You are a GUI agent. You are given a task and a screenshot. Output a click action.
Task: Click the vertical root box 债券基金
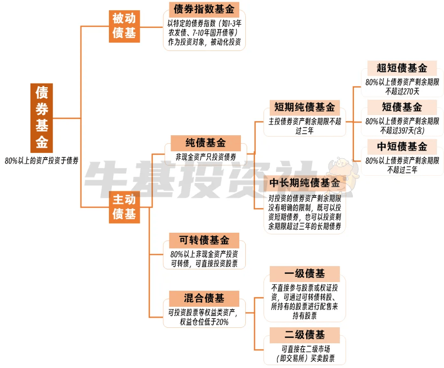click(42, 118)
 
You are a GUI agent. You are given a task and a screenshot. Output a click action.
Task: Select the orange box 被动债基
click(124, 26)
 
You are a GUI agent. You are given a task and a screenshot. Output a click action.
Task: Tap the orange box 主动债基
click(124, 207)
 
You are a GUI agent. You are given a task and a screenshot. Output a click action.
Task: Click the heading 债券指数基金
click(204, 9)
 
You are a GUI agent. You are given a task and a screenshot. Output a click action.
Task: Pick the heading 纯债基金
click(206, 143)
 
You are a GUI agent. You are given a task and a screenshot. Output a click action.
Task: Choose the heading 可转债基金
click(204, 240)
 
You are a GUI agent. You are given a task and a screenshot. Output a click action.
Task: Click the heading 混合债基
click(204, 299)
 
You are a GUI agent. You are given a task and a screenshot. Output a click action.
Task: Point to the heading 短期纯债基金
click(305, 107)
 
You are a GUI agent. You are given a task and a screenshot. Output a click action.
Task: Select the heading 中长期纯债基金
click(305, 183)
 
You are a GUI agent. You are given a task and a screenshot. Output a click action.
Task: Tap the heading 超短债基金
click(402, 68)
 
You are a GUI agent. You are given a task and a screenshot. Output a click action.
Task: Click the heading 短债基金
click(402, 107)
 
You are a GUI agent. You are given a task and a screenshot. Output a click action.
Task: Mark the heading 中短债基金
click(402, 147)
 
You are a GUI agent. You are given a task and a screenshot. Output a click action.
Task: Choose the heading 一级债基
click(305, 274)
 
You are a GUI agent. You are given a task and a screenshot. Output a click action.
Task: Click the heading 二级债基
click(305, 335)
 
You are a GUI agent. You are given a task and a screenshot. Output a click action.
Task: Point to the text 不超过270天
click(402, 91)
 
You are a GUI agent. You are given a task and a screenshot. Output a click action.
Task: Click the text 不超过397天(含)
click(402, 130)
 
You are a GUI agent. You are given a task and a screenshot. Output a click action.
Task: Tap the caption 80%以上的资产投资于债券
click(42, 161)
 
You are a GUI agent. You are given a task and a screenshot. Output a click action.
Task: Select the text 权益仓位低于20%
click(204, 322)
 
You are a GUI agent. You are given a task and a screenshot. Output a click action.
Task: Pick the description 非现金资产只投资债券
click(206, 157)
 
